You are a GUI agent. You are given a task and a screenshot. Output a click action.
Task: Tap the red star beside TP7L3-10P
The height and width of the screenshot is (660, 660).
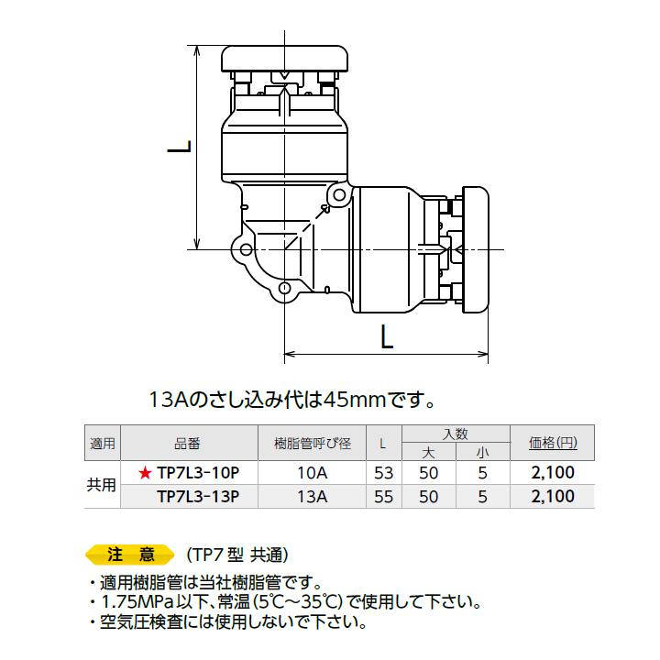144,473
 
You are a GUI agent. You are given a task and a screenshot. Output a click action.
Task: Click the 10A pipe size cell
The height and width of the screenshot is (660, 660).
312,473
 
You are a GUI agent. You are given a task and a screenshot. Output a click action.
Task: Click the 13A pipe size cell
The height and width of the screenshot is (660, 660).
312,497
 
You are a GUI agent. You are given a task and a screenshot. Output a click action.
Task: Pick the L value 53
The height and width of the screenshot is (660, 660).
383,473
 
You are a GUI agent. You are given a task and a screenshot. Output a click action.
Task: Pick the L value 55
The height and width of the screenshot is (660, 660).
383,497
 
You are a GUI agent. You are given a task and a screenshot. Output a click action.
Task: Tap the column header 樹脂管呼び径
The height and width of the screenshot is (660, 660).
312,443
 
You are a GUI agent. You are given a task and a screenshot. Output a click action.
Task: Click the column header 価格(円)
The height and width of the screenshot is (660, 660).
553,443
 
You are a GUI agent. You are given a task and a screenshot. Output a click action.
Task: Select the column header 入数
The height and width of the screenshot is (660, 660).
456,433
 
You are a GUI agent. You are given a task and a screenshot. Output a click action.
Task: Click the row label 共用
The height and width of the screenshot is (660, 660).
102,485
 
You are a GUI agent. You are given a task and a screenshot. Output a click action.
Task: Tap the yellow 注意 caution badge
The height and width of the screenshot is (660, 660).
128,555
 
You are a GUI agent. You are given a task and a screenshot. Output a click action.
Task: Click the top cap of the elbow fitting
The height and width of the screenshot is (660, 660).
287,60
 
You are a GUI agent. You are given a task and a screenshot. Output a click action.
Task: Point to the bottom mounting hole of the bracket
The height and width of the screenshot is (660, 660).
285,290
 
